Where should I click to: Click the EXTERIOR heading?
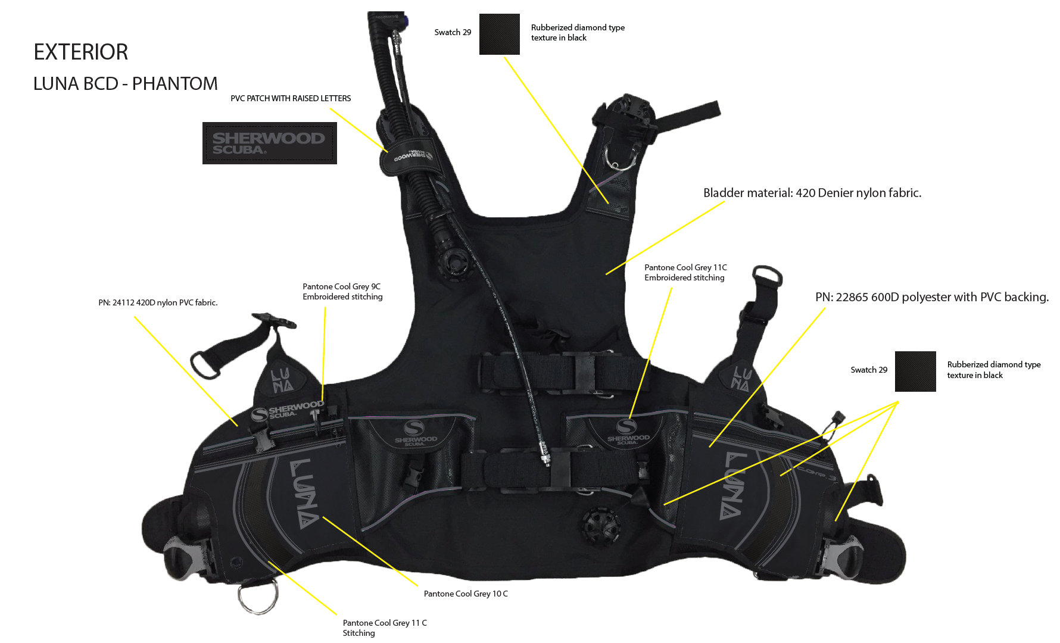point(81,52)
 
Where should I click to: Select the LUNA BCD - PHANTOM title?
point(126,84)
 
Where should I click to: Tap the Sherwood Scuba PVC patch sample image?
point(269,143)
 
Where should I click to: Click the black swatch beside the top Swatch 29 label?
point(499,34)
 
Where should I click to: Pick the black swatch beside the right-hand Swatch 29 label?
point(915,372)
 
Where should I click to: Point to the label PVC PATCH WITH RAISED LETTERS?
point(291,98)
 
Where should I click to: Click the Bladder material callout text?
point(812,193)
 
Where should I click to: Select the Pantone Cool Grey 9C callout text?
point(342,292)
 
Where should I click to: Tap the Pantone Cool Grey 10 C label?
point(466,594)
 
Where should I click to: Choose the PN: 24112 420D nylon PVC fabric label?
point(158,302)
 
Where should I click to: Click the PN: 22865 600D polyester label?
point(931,297)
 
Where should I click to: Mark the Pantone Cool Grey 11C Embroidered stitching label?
point(685,273)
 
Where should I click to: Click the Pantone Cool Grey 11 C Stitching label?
point(385,628)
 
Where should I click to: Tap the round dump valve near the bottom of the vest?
point(601,526)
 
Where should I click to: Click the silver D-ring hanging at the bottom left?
point(258,596)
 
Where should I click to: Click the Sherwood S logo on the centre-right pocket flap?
point(626,426)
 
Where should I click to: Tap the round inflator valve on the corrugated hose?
point(456,261)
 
